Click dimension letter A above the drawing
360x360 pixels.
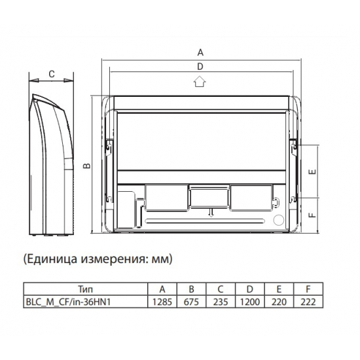pos(200,52)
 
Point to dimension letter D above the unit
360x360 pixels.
pos(200,67)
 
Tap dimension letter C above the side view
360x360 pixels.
pos(52,74)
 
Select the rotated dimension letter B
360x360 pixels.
pos(87,166)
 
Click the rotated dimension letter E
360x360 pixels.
pos(312,171)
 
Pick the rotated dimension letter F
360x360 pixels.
pos(312,215)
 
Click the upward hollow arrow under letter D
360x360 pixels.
pos(200,81)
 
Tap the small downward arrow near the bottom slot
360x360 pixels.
pos(211,213)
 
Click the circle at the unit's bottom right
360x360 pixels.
pos(279,220)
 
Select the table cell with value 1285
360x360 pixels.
pos(162,302)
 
